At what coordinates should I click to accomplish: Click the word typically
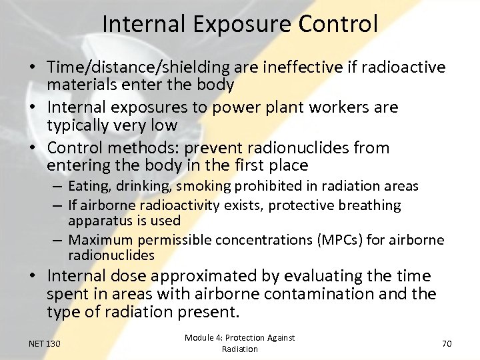[80, 125]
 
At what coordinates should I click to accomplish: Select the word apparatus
[96, 220]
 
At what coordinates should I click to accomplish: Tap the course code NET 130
[45, 343]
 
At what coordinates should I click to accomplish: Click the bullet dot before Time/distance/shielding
[33, 68]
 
